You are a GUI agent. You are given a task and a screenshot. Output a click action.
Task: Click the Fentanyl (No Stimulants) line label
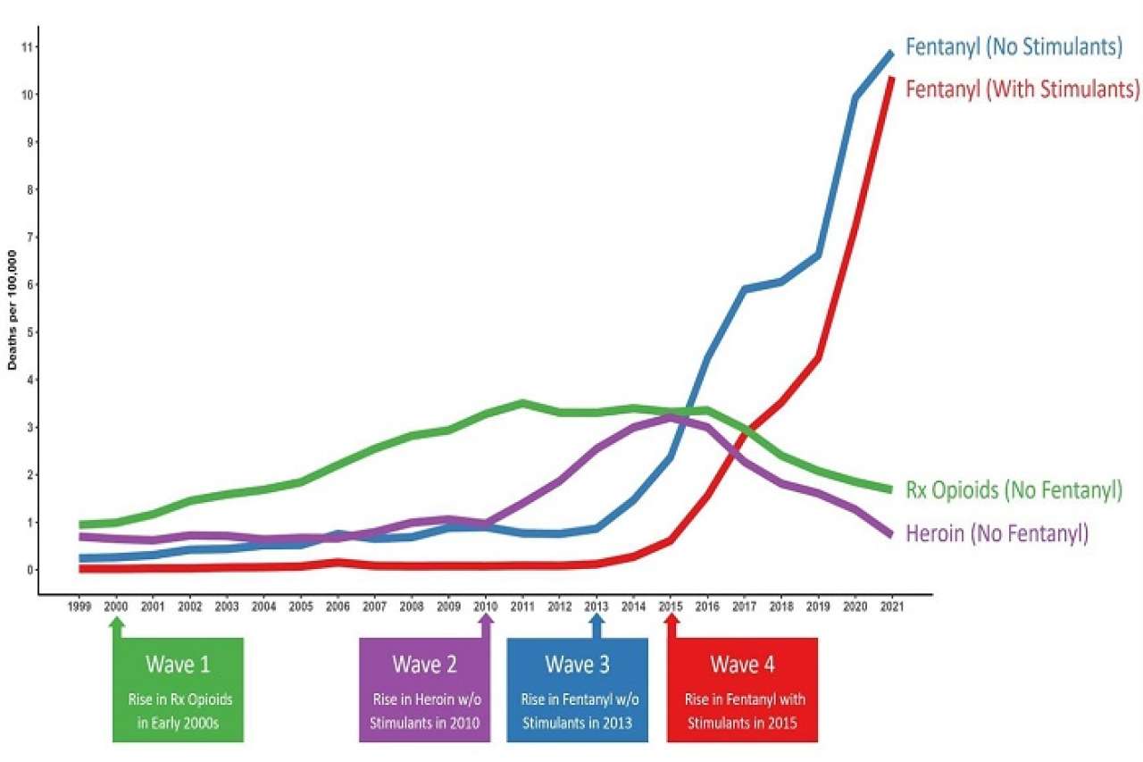pos(1014,47)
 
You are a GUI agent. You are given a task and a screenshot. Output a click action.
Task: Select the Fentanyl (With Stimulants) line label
pos(1022,89)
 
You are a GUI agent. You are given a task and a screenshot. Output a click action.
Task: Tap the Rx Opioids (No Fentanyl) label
pos(1014,490)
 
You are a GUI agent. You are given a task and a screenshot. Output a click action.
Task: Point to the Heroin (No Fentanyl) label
pos(997,533)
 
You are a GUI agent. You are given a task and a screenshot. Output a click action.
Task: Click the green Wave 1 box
pos(178,690)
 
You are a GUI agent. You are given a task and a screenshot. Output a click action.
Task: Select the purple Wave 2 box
pos(426,690)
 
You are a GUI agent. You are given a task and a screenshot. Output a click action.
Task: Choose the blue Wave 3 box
pos(577,690)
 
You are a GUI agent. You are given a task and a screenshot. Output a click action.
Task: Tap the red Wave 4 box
pos(742,690)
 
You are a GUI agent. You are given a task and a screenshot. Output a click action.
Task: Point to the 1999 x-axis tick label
pos(79,607)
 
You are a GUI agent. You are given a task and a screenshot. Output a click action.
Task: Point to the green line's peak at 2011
pos(523,404)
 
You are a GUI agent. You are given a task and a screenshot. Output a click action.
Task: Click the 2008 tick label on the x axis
pos(412,607)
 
